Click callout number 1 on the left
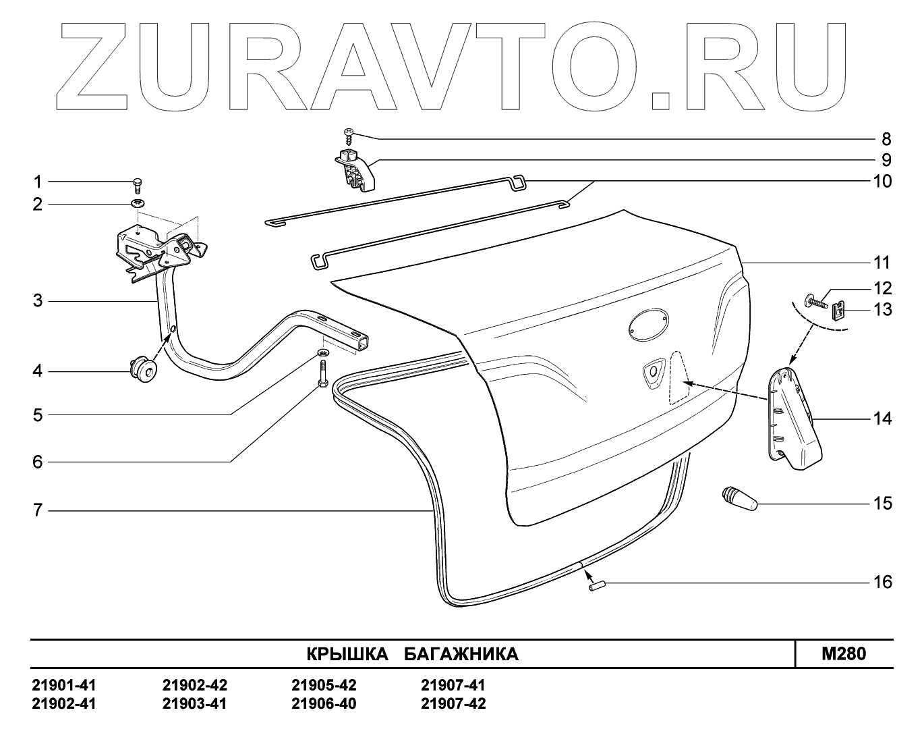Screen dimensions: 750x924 click(38, 182)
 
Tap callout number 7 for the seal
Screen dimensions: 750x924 click(38, 511)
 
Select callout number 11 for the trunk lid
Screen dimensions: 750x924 click(882, 263)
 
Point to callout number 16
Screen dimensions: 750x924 click(882, 582)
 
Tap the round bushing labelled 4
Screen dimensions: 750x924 click(142, 370)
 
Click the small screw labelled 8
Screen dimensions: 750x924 click(349, 135)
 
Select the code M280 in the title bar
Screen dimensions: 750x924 click(844, 653)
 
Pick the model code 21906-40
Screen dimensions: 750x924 click(324, 704)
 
